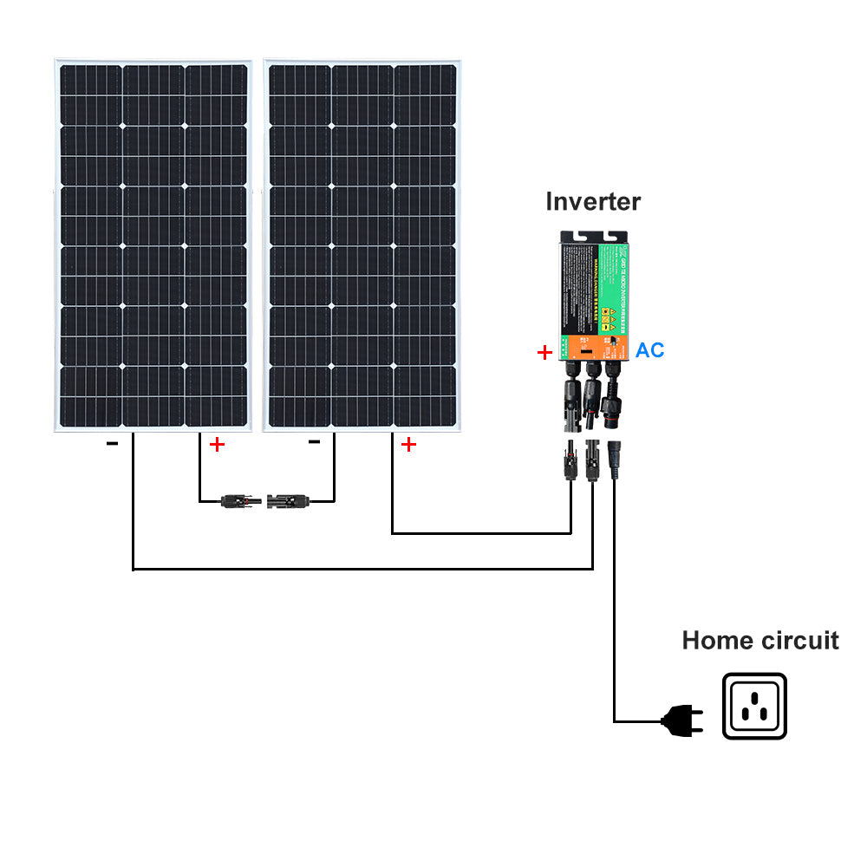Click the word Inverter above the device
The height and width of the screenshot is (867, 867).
coord(593,202)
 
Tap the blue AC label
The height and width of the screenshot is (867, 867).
coord(649,350)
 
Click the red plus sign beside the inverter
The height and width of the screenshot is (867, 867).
coord(544,352)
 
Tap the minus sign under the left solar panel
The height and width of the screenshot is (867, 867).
coord(112,443)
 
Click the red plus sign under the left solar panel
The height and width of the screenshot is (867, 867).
coord(217,445)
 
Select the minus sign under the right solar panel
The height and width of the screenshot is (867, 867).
coord(315,441)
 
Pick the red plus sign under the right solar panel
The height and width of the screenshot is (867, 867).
coord(407,445)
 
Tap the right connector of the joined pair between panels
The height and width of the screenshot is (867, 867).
coord(290,500)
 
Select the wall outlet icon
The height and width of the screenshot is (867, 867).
coord(754,706)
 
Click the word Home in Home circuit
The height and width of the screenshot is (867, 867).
coord(717,641)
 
